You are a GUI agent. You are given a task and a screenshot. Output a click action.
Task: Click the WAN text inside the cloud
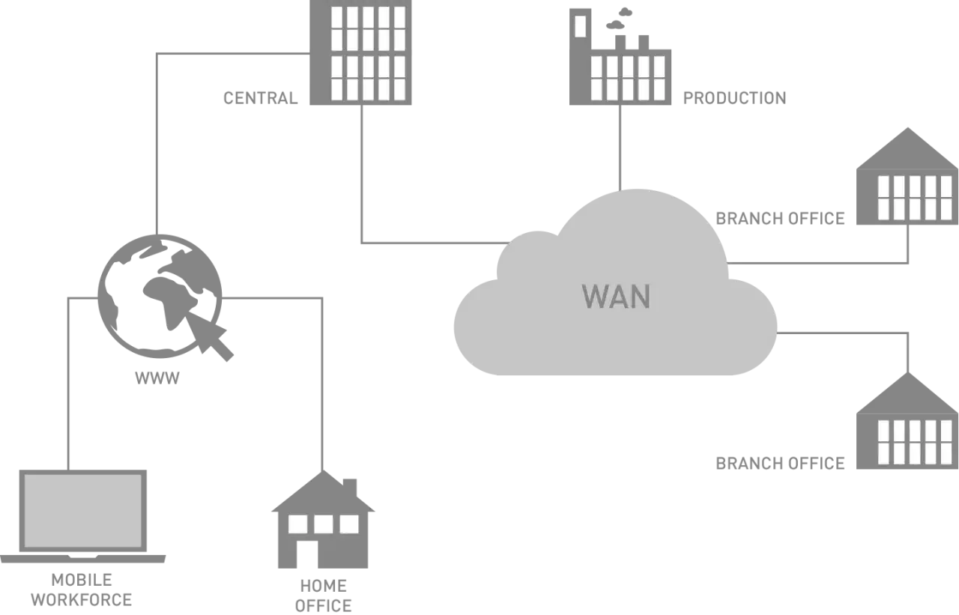616,296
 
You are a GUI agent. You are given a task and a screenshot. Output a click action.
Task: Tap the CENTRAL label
260,98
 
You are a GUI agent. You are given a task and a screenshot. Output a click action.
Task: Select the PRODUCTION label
735,98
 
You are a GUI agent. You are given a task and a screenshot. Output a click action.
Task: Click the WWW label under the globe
157,378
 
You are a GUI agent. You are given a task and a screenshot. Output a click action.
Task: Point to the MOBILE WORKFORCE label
82,590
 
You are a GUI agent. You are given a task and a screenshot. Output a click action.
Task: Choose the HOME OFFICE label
323,596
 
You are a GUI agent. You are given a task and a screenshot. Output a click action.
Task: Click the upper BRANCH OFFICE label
780,218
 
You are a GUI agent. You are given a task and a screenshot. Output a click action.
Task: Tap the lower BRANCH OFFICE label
780,463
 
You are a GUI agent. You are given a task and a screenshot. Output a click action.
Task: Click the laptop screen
83,511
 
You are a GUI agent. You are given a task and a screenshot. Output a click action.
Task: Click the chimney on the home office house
350,488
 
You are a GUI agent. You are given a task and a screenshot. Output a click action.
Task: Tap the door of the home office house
307,554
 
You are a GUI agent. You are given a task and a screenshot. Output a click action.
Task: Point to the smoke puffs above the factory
619,19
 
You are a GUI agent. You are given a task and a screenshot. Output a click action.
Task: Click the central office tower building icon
360,52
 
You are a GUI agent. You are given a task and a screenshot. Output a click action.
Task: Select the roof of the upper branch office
907,148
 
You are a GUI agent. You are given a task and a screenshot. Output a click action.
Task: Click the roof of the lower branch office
907,393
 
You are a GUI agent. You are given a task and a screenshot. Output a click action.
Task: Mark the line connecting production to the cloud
620,148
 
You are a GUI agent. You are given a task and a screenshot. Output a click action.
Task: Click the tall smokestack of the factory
580,56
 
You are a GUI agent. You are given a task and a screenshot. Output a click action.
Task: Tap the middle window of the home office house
323,524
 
